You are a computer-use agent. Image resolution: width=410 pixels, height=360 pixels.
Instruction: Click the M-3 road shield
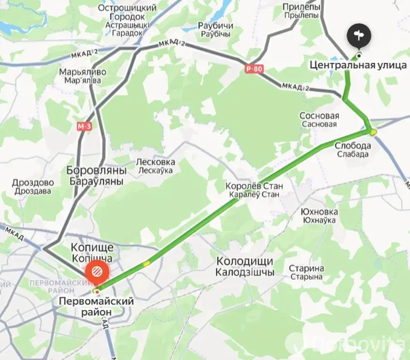point(84,127)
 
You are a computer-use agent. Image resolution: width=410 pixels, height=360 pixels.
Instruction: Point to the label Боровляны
point(96,171)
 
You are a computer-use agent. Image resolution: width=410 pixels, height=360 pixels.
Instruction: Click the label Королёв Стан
point(254,186)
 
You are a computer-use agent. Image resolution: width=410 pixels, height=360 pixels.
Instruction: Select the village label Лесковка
point(155,162)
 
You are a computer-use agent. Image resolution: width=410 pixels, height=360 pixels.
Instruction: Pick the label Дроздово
point(33,183)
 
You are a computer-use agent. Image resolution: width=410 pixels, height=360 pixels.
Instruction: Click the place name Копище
point(92,246)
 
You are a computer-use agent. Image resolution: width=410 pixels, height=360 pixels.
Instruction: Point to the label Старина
point(307,268)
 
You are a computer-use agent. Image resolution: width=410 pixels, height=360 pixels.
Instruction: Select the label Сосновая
point(319,116)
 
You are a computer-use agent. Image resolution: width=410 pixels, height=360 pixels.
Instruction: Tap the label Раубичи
point(216,26)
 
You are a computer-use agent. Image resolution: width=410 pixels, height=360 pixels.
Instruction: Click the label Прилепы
point(301,7)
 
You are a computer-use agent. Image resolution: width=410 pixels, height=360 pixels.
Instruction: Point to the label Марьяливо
point(83,72)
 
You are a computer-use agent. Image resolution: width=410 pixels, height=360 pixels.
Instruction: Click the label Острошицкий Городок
point(127,12)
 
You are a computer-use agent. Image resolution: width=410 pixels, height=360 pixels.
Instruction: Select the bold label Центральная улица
point(358,65)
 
